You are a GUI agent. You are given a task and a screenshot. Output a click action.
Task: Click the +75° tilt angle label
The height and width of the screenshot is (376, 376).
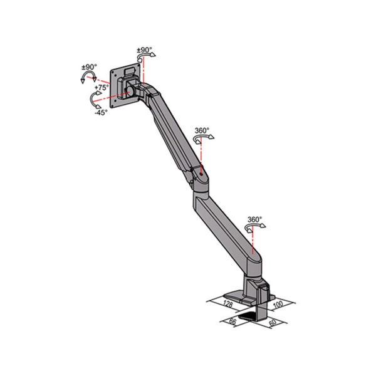[102, 88]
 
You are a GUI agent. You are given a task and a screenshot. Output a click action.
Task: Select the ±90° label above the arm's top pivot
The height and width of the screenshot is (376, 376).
[144, 50]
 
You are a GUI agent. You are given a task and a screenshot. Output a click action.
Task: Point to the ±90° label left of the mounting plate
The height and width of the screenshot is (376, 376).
[88, 67]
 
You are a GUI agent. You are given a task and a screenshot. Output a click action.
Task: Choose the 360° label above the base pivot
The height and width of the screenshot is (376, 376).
[254, 220]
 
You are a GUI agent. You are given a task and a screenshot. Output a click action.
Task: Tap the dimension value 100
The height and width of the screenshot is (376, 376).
[279, 304]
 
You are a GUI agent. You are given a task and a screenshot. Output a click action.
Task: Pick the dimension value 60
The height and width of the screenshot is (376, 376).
[273, 323]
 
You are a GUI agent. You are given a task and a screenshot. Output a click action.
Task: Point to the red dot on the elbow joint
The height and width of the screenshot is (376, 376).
[201, 169]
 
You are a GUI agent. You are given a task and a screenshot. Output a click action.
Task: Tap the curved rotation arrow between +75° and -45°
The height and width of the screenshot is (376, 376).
[95, 100]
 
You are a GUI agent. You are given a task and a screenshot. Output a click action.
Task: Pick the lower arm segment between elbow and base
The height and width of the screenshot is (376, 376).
[226, 226]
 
